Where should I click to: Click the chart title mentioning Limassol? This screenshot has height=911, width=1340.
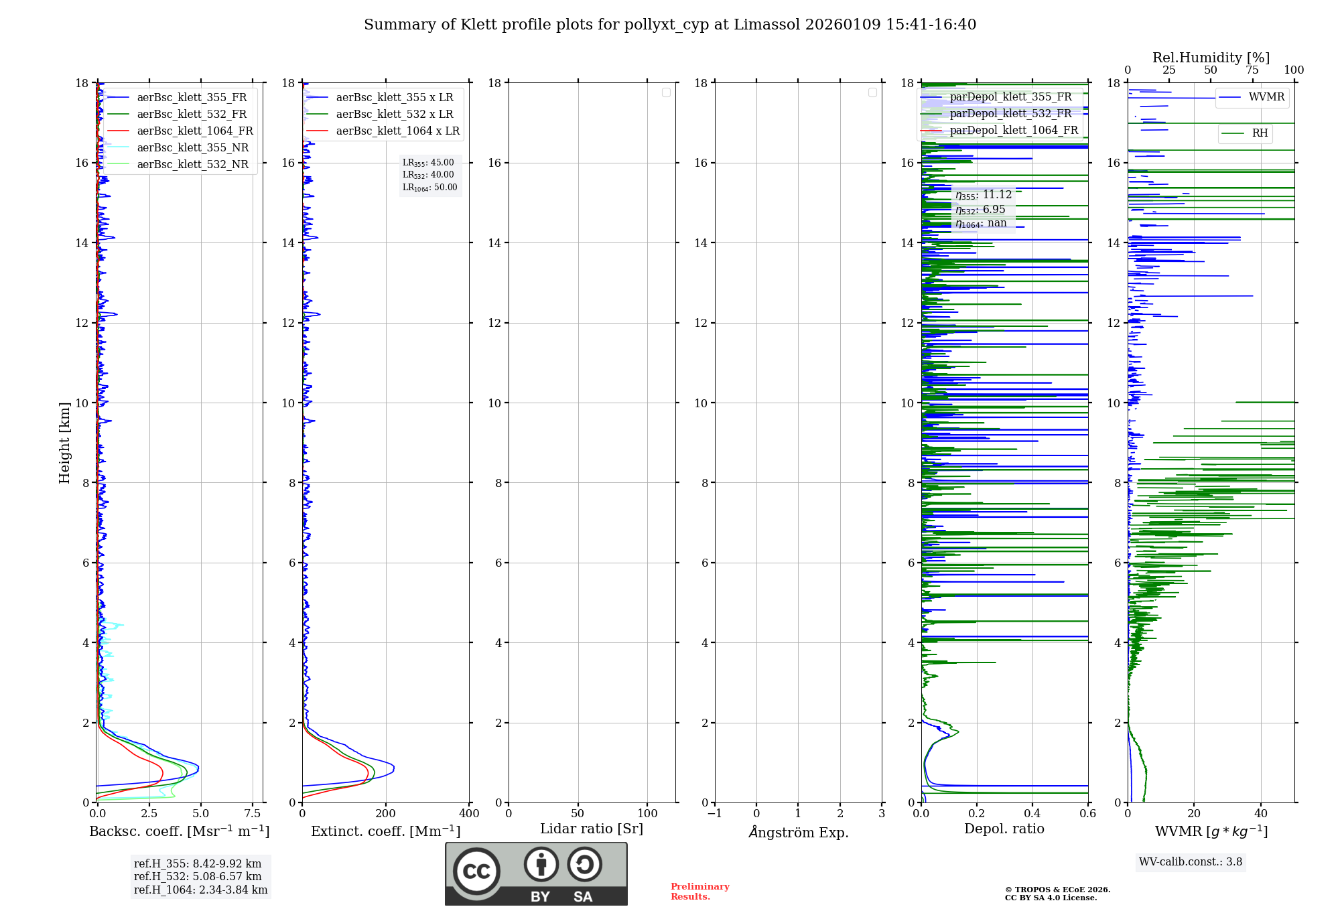coord(670,25)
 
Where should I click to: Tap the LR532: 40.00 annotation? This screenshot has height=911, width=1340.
coord(428,175)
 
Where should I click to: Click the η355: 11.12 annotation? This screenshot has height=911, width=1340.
coord(984,195)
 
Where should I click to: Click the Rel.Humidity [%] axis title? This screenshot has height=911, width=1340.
coord(1211,58)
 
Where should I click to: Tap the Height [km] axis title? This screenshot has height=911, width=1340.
coord(64,443)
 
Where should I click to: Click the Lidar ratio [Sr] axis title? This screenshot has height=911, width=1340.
coord(592,829)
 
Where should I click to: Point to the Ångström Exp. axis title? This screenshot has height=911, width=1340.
coord(799,833)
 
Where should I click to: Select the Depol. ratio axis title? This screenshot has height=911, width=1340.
coord(1004,829)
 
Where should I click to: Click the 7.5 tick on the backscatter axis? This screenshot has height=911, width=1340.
coord(253,814)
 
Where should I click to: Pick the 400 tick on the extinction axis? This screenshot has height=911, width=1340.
coord(469,814)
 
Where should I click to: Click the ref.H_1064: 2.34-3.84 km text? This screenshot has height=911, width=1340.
coord(200,890)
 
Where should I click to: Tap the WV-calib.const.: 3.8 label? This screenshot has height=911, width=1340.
coord(1191,862)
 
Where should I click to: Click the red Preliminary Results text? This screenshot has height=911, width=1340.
coord(699,892)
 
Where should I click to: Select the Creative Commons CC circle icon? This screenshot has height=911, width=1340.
coord(476,871)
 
